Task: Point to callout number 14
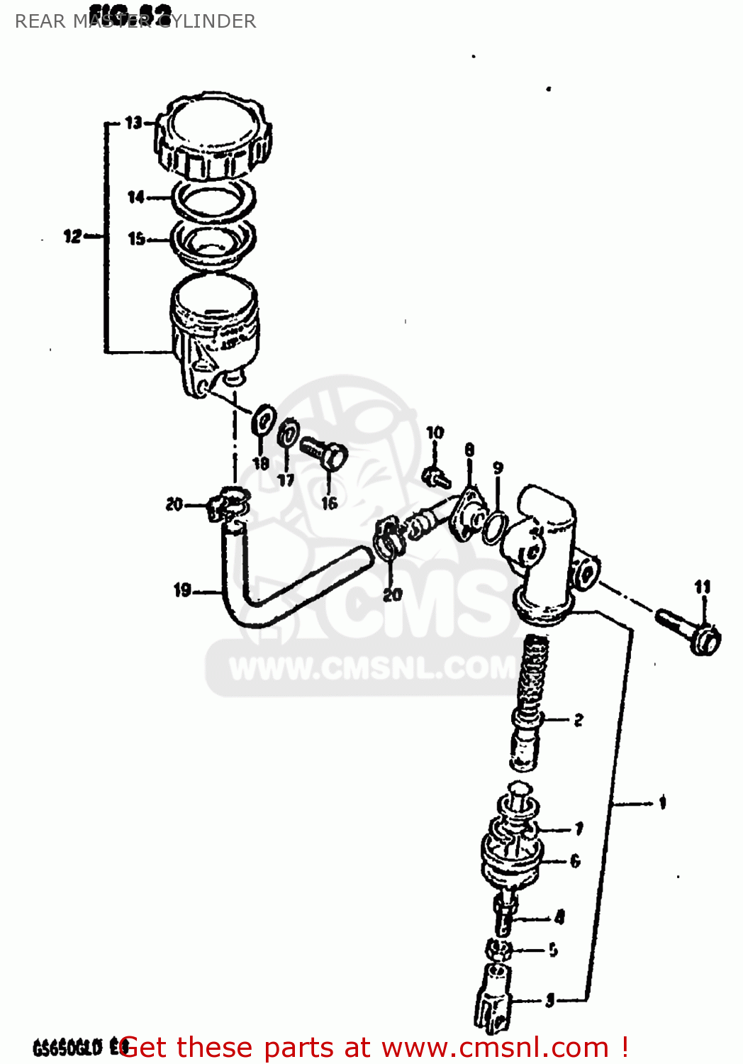(x=135, y=196)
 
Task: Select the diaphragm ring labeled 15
(x=213, y=242)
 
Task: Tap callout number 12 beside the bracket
(x=72, y=236)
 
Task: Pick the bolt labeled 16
(x=324, y=453)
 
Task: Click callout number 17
(x=286, y=480)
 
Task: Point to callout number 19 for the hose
(x=182, y=589)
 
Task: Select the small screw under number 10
(x=435, y=477)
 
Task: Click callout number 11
(x=702, y=587)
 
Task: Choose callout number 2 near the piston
(x=579, y=720)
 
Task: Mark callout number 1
(x=662, y=802)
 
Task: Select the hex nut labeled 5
(x=500, y=949)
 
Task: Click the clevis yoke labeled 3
(x=496, y=997)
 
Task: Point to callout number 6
(x=575, y=860)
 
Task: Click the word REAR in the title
(x=40, y=21)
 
